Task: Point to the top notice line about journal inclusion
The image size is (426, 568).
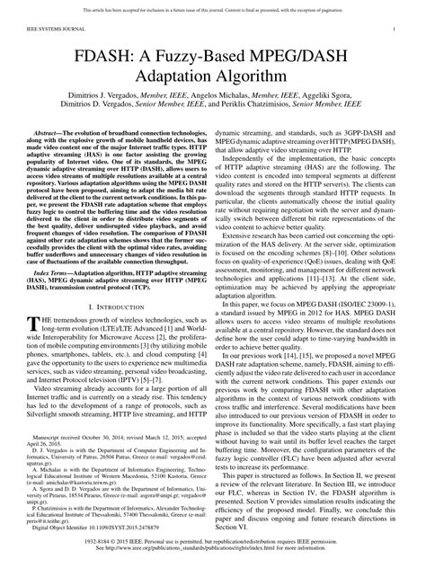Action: tap(212, 8)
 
